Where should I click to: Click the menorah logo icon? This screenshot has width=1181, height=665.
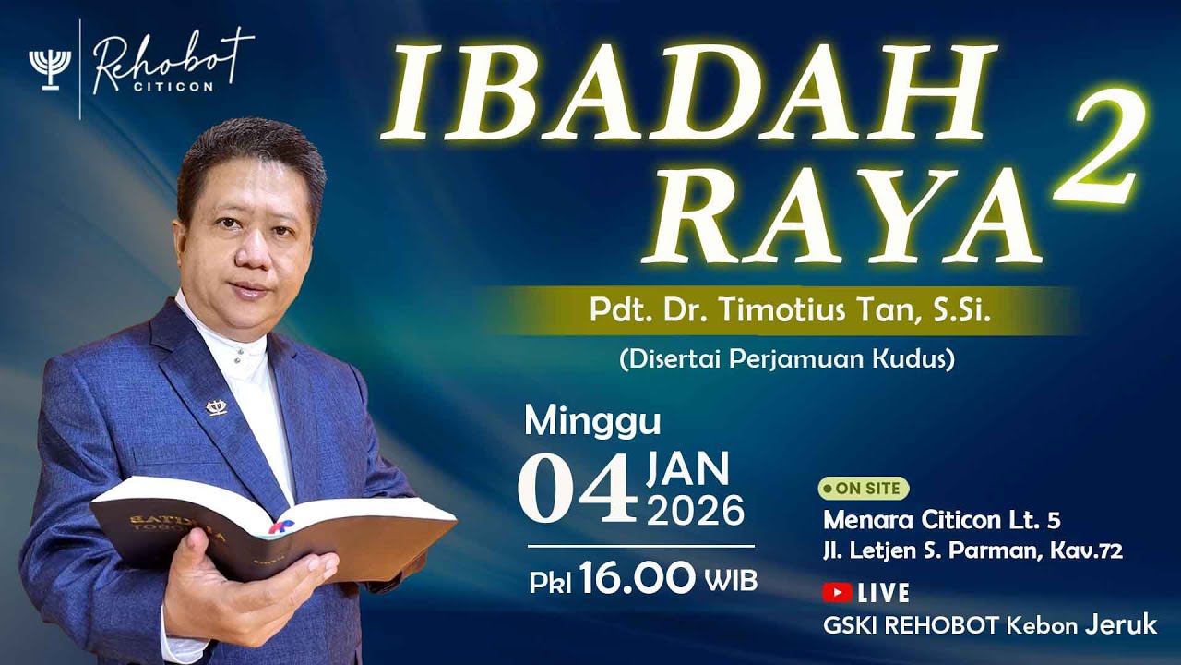click(50, 67)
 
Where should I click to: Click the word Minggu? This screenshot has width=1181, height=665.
click(592, 422)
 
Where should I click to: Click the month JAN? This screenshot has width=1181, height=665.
click(688, 469)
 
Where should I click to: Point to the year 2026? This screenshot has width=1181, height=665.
click(696, 510)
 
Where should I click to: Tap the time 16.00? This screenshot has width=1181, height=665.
click(638, 579)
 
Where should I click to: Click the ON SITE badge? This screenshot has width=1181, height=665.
click(864, 488)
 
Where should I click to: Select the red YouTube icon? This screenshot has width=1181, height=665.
click(837, 593)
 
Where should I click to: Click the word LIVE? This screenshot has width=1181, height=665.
click(883, 593)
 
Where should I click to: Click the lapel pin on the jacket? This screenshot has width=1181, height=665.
click(217, 406)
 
